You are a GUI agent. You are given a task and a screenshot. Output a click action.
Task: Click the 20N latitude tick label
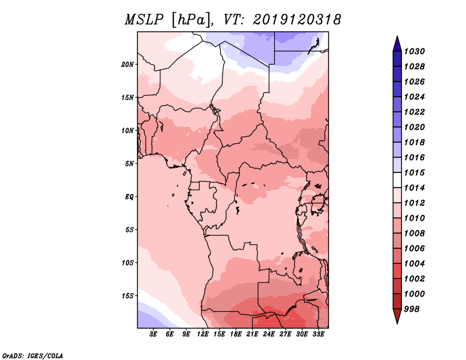pyautogui.click(x=128, y=64)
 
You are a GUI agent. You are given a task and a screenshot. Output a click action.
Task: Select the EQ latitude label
pyautogui.click(x=129, y=196)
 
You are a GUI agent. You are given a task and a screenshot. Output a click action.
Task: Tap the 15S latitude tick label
pyautogui.click(x=128, y=295)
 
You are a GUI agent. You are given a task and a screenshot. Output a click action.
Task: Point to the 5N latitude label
pyautogui.click(x=129, y=163)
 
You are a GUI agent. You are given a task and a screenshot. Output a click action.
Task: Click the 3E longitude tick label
pyautogui.click(x=154, y=334)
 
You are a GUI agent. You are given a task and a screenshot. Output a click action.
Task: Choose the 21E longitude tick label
pyautogui.click(x=252, y=334)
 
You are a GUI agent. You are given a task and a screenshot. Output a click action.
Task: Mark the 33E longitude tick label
pyautogui.click(x=318, y=334)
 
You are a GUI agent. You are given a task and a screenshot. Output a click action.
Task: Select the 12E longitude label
pyautogui.click(x=203, y=334)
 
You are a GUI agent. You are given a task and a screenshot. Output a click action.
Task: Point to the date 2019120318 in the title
pyautogui.click(x=297, y=20)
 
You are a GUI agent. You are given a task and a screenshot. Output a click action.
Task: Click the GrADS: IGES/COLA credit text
pyautogui.click(x=33, y=355)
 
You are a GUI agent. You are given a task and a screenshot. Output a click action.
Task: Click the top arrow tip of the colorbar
pyautogui.click(x=397, y=37)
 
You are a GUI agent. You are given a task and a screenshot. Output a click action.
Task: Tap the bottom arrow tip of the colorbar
pyautogui.click(x=397, y=322)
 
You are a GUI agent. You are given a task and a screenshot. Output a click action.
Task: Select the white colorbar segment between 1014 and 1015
pyautogui.click(x=397, y=180)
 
